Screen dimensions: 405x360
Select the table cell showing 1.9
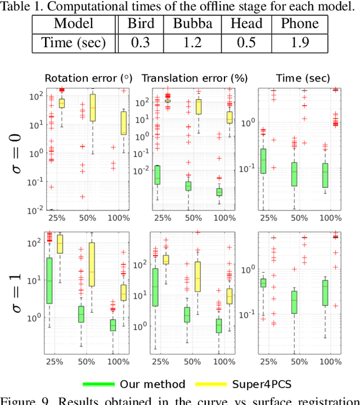[295, 43]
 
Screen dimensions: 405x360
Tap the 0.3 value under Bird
[140, 43]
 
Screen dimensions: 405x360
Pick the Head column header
[246, 24]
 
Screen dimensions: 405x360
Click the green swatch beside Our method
[98, 384]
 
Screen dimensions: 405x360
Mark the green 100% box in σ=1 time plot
[325, 292]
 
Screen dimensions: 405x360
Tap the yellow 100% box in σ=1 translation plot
[229, 296]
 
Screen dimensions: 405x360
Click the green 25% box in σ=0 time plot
[263, 160]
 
